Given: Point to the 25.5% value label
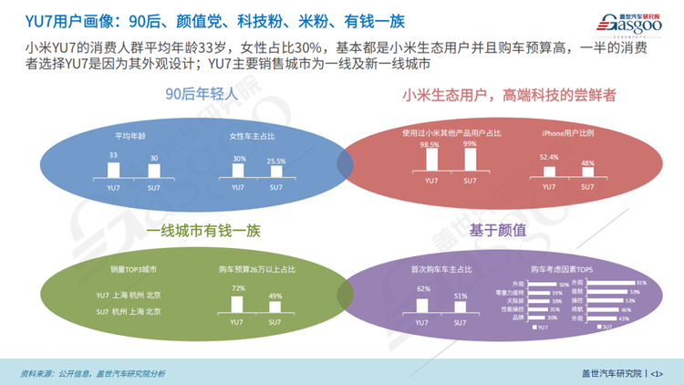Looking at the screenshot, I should click(275, 161).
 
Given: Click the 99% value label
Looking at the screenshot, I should click(470, 143).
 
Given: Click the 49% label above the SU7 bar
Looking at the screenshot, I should click(275, 296).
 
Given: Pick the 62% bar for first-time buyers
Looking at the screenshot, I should click(422, 305).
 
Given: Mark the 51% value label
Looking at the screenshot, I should click(461, 296).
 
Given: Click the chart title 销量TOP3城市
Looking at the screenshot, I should click(138, 270).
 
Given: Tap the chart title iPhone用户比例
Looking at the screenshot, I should click(567, 133).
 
